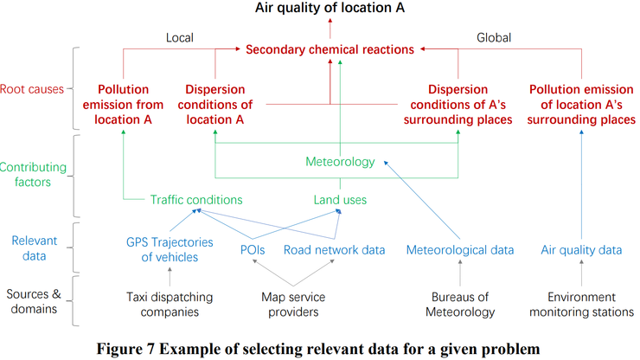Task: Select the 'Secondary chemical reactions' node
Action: click(x=330, y=49)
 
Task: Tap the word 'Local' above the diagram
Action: click(x=179, y=37)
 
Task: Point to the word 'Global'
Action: click(x=494, y=37)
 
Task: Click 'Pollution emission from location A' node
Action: click(x=125, y=104)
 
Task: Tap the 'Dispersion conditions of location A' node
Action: click(x=214, y=104)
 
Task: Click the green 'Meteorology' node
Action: click(x=340, y=162)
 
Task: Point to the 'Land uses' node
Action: click(x=340, y=200)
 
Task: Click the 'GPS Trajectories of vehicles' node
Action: click(x=170, y=249)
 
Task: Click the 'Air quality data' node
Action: click(x=581, y=250)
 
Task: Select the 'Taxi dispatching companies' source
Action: click(x=170, y=304)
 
